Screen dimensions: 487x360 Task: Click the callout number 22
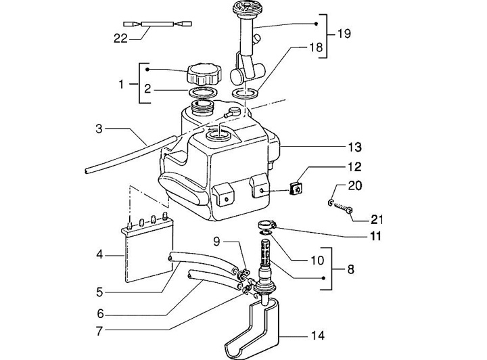point(121,39)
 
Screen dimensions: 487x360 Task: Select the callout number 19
point(344,33)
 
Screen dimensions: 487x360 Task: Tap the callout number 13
point(354,147)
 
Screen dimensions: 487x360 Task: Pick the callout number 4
point(99,255)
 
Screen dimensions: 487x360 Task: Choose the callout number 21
point(377,220)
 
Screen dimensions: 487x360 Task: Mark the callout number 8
point(350,269)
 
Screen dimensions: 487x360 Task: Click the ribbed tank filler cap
point(205,74)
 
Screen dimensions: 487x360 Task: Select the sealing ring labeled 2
point(203,92)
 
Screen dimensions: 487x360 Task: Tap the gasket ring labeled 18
point(245,93)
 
